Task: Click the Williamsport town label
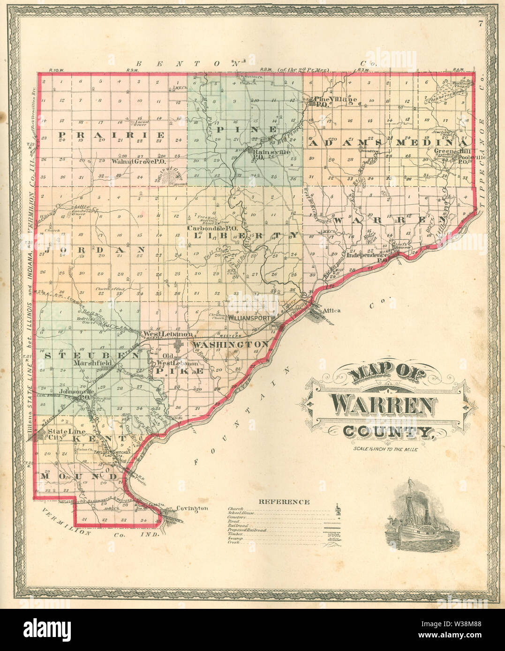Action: point(249,318)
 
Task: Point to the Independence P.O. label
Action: point(368,256)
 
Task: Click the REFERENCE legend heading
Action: point(284,502)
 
